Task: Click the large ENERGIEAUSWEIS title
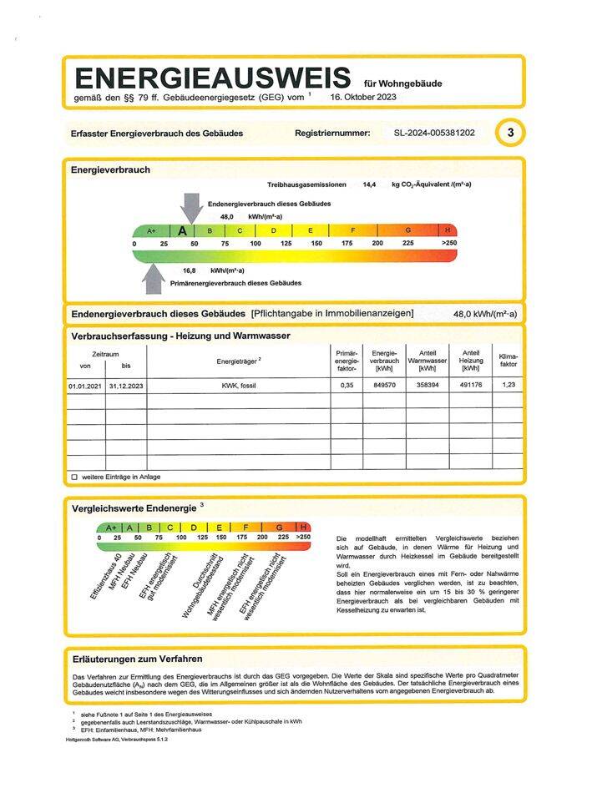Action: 212,78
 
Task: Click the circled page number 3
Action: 510,133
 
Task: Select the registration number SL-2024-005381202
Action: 434,133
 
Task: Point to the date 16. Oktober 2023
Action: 363,98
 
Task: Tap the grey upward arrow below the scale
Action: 153,278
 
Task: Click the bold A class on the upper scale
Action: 182,231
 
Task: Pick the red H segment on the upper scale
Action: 448,230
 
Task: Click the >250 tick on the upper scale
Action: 449,243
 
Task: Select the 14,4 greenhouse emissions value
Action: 369,184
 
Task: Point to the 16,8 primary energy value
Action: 190,270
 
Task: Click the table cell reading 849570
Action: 384,386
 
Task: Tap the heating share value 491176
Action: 471,386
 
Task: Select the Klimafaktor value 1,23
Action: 509,386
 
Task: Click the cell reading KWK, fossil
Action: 238,386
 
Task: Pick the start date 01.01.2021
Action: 84,386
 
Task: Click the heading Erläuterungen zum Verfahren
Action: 137,659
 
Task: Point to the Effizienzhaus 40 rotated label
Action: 107,577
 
